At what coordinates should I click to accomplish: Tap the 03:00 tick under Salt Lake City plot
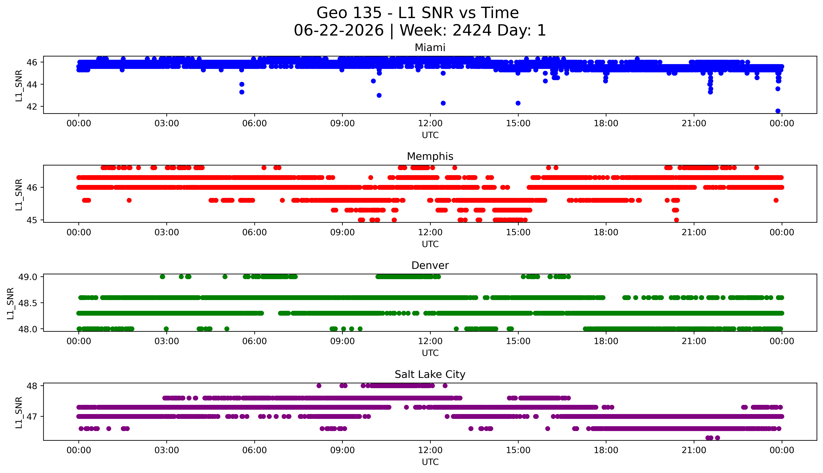pos(167,450)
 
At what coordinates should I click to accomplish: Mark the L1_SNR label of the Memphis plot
pos(19,194)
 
